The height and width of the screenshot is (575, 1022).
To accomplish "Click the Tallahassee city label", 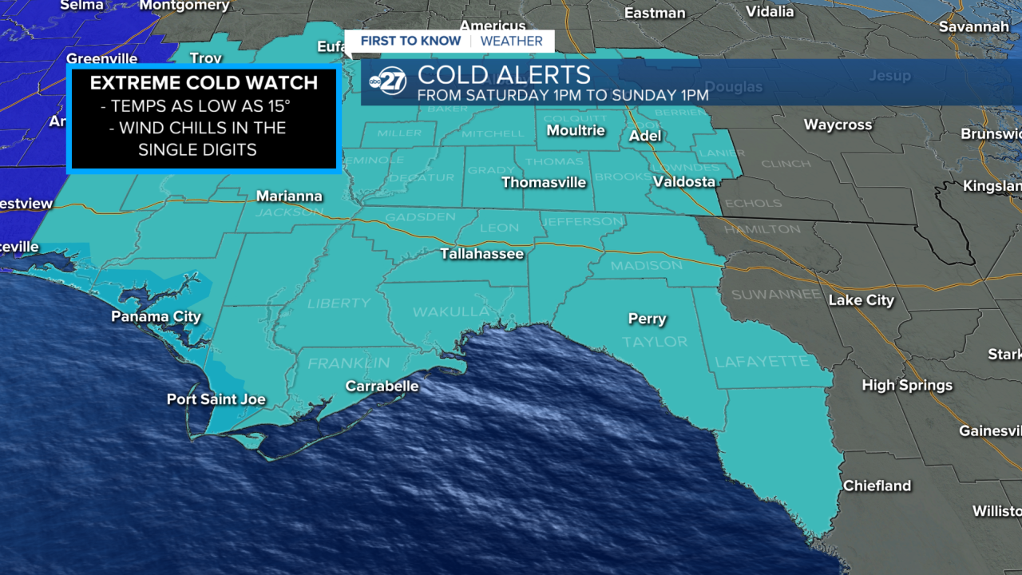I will click(x=482, y=254).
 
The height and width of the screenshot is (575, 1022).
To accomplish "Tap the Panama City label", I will click(x=156, y=317).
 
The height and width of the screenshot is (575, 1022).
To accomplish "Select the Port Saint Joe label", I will click(x=216, y=399).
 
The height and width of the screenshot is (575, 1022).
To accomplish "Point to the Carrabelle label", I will click(x=382, y=387).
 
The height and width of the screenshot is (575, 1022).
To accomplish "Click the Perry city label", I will click(x=647, y=319).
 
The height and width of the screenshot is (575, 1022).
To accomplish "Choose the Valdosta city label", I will click(x=684, y=182).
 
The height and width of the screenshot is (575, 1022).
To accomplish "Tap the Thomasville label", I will click(x=544, y=183).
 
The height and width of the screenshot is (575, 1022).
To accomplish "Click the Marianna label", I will click(x=289, y=196).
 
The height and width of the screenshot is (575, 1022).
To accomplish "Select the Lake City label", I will click(x=862, y=300).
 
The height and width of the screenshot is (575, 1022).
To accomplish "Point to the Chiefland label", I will click(x=877, y=486).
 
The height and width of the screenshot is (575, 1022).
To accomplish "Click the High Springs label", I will click(x=907, y=385).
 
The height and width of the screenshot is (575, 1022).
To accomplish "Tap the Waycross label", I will click(x=838, y=125).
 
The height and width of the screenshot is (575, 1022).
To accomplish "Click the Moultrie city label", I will click(x=576, y=130).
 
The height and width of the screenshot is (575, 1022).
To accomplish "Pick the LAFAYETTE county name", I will click(x=762, y=362).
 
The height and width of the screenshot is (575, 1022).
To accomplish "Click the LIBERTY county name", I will click(x=339, y=303).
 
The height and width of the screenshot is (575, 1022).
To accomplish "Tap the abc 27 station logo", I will click(x=388, y=81).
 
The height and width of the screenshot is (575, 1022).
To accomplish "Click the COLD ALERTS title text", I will click(x=504, y=76).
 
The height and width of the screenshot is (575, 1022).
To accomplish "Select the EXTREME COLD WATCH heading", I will click(x=204, y=83).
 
